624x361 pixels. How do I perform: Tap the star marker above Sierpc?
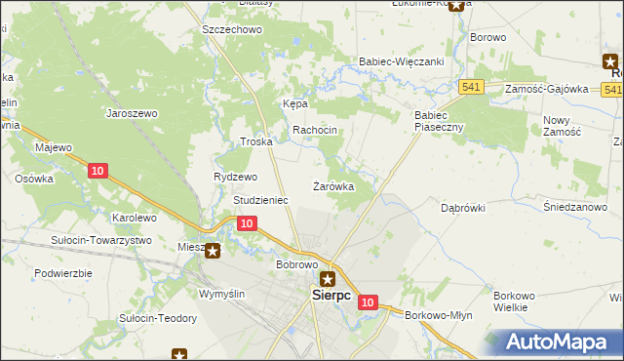(329, 278)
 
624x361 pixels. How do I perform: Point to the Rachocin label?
(315, 130)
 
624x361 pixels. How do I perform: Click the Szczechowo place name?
(232, 30)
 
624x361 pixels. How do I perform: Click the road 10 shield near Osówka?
(96, 171)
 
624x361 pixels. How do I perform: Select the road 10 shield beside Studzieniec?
(246, 223)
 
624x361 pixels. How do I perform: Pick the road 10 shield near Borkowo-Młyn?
(367, 303)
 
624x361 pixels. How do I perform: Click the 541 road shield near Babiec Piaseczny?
(473, 87)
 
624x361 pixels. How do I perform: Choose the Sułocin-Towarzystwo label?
(101, 240)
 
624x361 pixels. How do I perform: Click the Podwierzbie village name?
(62, 272)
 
